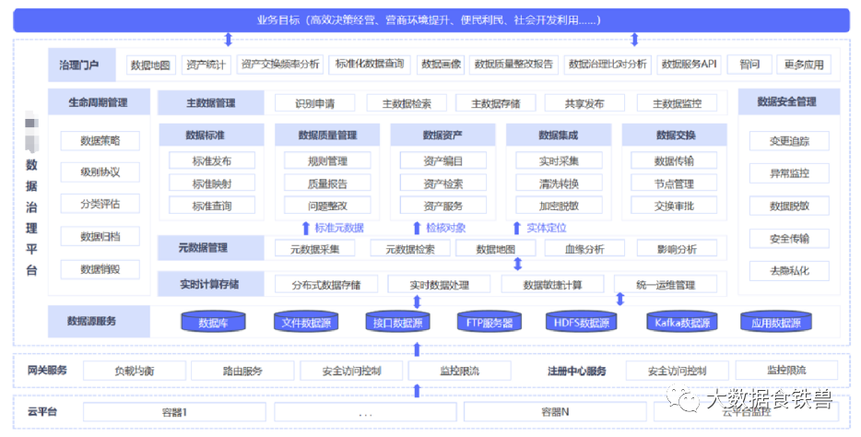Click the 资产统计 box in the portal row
206,65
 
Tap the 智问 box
749,65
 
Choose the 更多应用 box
804,65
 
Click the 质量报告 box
327,183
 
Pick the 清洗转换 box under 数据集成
559,183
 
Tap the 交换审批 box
674,206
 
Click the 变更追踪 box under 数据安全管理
790,141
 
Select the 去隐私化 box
790,270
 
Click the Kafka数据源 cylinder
683,323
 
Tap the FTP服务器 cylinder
489,323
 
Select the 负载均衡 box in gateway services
135,371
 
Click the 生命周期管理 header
99,102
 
